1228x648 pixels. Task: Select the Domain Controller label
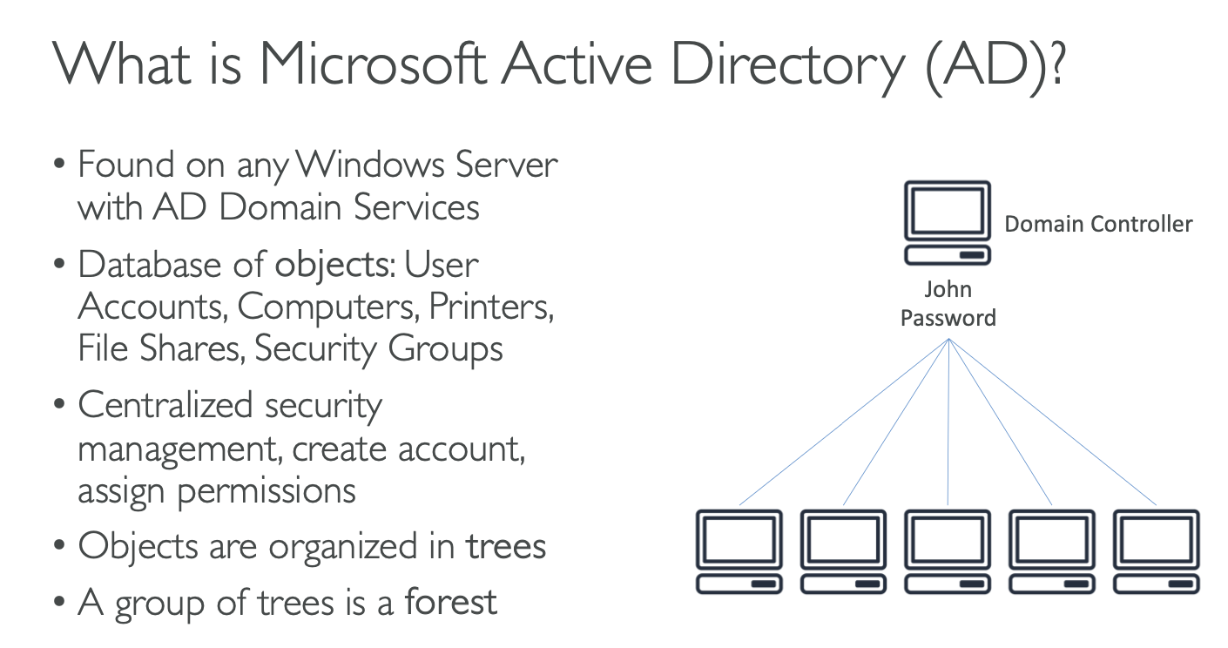click(1098, 224)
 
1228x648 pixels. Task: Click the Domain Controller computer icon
click(948, 223)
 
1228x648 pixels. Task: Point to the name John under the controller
click(948, 289)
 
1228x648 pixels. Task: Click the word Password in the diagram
click(948, 318)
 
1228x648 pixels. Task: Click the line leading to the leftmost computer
click(843, 422)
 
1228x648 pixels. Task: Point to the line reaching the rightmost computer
click(1052, 422)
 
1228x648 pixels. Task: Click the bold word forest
click(451, 601)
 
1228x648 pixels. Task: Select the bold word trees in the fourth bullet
click(506, 546)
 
